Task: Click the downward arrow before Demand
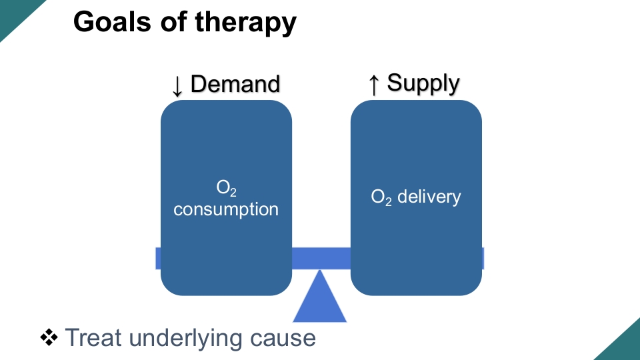pyautogui.click(x=177, y=85)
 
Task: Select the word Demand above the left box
pyautogui.click(x=235, y=84)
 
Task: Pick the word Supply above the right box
pyautogui.click(x=423, y=84)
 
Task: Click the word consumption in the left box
pyautogui.click(x=226, y=209)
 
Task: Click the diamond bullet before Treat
pyautogui.click(x=50, y=337)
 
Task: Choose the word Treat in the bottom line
pyautogui.click(x=94, y=337)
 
